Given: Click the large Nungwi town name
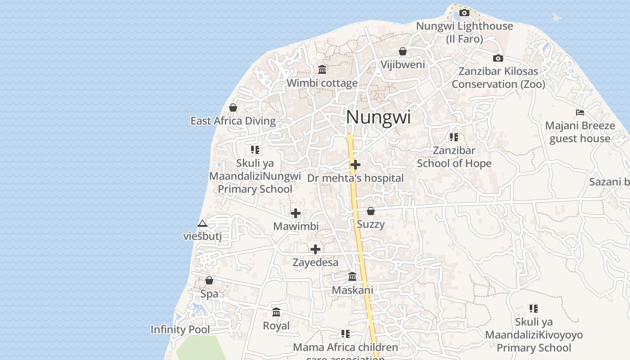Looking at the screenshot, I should (378, 117).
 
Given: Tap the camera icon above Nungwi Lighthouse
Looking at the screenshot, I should (464, 13).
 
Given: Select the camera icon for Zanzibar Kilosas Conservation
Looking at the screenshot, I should (498, 58).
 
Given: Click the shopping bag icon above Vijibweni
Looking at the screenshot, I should (403, 51).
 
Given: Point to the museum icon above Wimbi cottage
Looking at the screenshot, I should (322, 69).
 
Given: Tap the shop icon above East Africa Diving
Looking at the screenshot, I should (233, 108).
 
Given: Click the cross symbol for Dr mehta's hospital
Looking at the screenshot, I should (355, 165).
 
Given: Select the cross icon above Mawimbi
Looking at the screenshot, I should (296, 213).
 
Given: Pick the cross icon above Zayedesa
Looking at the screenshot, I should (315, 249).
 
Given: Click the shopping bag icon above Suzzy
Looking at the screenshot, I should (370, 211).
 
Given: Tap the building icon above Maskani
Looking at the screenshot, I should (352, 276).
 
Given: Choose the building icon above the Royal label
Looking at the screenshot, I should (276, 312).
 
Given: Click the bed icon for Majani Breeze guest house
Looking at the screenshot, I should (580, 112).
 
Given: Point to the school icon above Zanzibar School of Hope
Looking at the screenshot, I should (454, 137).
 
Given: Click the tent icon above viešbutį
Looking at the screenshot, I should (202, 223).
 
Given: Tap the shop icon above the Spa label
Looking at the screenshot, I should (209, 280).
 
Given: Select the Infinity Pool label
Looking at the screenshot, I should (180, 329).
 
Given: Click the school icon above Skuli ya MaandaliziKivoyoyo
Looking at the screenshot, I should (534, 309).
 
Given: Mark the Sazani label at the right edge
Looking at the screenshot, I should (609, 182).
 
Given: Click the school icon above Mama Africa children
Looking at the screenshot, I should (346, 334).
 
